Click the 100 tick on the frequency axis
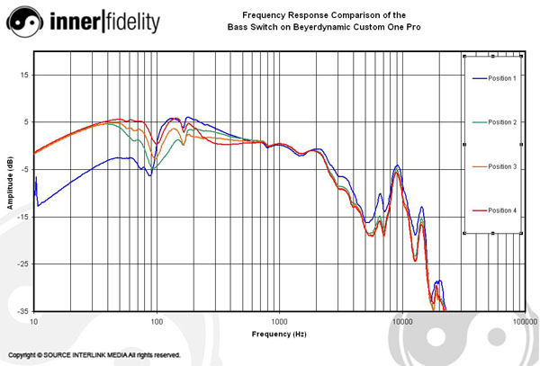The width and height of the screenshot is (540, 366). [x=157, y=321]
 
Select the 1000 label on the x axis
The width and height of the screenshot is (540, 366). [x=279, y=321]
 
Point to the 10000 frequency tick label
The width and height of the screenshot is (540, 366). [x=401, y=321]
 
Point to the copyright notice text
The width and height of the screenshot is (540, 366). [x=94, y=355]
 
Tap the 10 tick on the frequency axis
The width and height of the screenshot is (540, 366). [x=34, y=321]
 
